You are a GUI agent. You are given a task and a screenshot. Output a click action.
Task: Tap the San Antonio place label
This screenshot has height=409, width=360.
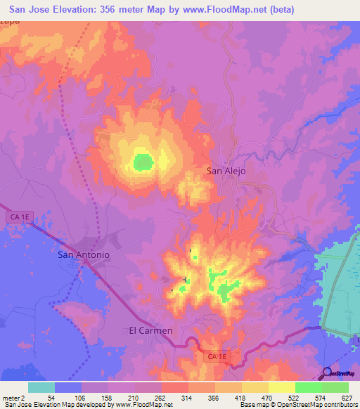(x=84, y=255)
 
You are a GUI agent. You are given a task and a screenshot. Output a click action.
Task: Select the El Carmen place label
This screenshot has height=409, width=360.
(x=150, y=330)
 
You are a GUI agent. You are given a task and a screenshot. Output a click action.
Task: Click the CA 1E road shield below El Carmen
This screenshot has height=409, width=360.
(x=216, y=358)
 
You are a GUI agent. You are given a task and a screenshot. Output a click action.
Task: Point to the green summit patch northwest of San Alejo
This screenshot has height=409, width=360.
(x=143, y=162)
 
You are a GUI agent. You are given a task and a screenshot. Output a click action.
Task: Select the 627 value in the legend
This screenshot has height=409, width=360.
(x=348, y=397)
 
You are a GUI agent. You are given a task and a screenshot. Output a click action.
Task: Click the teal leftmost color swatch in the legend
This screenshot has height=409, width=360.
(x=41, y=387)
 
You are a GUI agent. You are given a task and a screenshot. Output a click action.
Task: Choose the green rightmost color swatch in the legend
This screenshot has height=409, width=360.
(x=335, y=387)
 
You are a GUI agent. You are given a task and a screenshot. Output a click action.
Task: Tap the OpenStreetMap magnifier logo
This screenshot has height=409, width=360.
(x=328, y=373)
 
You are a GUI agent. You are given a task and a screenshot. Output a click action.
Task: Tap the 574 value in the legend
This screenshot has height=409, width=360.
(x=321, y=397)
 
